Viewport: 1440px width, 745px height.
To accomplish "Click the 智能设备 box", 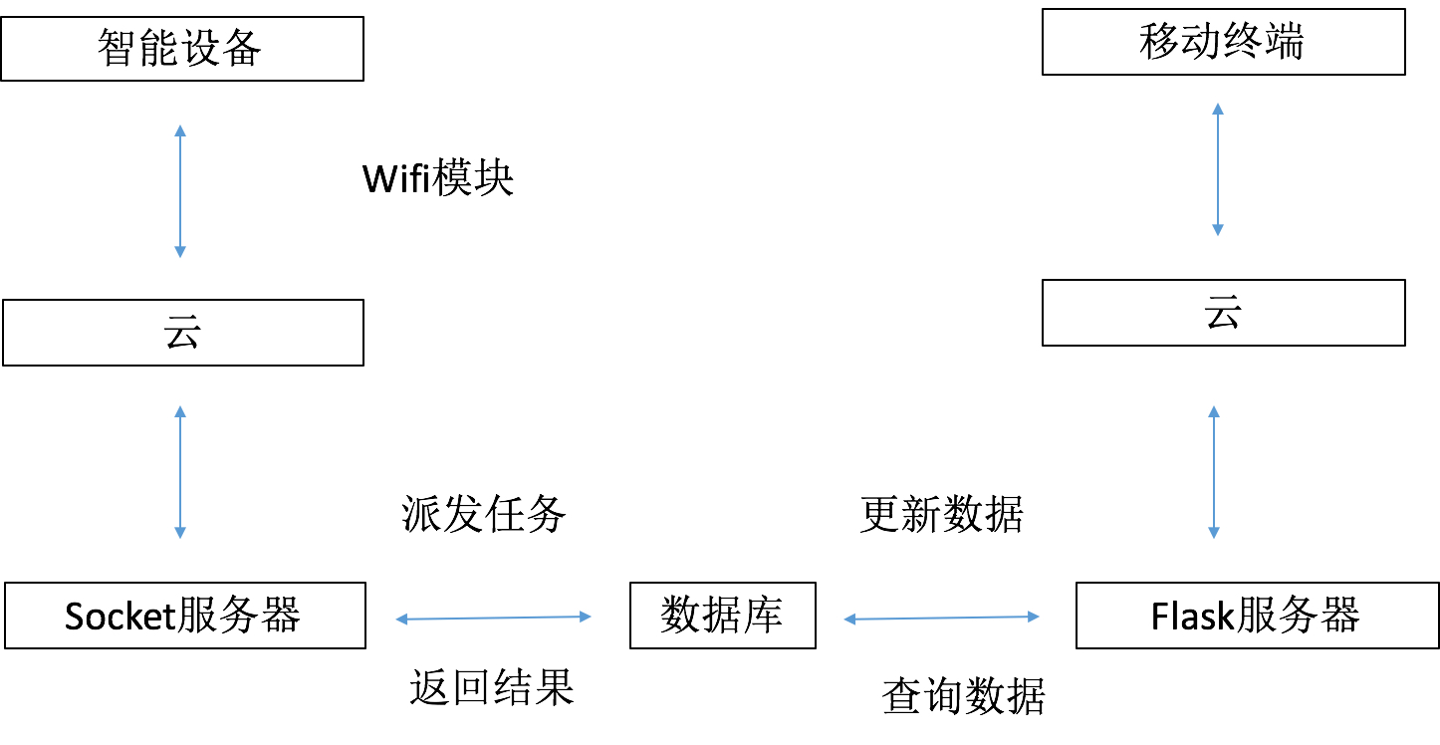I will (182, 48).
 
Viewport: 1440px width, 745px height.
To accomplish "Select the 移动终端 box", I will (1223, 43).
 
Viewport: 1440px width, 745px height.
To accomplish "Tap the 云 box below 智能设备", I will (183, 333).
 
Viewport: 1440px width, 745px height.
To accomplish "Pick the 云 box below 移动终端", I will (1223, 313).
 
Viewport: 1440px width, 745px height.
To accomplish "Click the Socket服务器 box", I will (185, 616).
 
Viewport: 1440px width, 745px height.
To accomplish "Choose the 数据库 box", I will (722, 616).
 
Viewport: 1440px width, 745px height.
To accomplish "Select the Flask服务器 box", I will (1257, 616).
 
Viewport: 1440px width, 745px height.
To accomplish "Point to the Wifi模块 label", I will (438, 179).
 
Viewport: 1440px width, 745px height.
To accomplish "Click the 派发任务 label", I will (484, 515).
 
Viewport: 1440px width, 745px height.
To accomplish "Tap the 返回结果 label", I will (492, 687).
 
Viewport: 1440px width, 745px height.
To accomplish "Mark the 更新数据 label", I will (941, 515).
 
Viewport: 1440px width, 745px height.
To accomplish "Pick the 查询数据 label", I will (964, 696).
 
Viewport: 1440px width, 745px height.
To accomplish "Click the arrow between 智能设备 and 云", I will (180, 191).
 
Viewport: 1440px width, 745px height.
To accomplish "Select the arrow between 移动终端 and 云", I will (1217, 168).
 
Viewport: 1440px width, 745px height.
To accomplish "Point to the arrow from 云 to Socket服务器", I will (180, 472).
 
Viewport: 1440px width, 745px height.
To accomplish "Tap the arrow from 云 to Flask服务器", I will (1213, 472).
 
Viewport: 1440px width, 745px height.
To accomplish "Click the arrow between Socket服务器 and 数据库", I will (494, 619).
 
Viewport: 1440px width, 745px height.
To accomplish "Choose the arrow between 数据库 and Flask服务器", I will (942, 619).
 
